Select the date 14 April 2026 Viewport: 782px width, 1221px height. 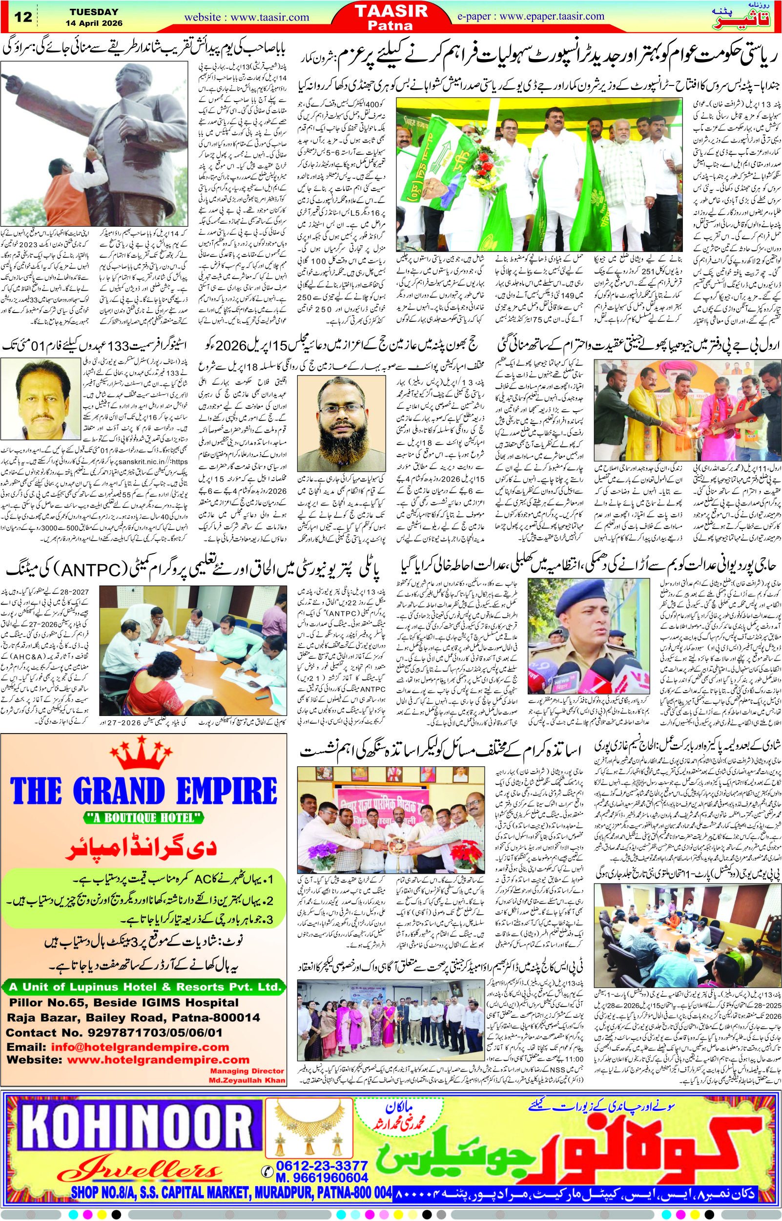[94, 23]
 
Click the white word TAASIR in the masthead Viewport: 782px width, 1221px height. [391, 11]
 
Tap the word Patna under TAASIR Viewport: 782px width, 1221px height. [391, 25]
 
